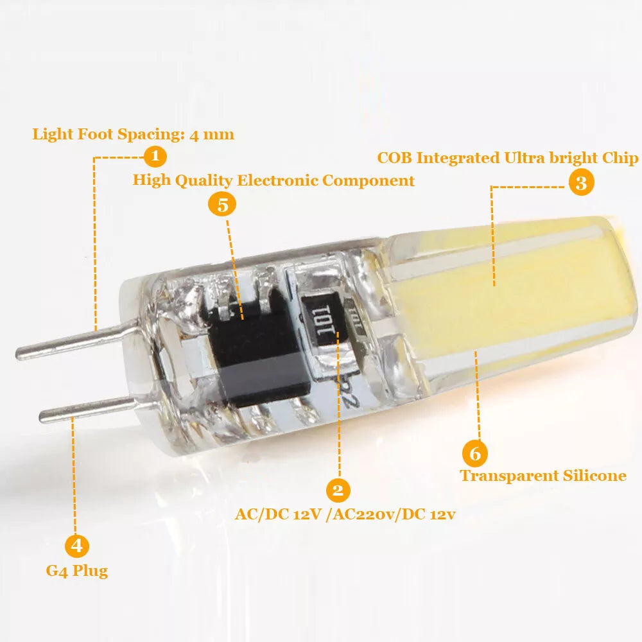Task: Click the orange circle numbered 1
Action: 155,156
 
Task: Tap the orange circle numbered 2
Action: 338,490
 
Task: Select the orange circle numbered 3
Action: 581,183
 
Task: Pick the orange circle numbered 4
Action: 77,546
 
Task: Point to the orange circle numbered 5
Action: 222,205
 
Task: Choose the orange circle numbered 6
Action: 474,454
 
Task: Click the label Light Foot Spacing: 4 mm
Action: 134,134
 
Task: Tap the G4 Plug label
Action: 77,571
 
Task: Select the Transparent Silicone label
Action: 543,476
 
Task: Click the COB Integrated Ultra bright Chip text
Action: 507,158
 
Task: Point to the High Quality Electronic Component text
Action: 273,180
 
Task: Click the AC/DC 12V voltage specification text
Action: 345,514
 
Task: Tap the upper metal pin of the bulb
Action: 77,341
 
